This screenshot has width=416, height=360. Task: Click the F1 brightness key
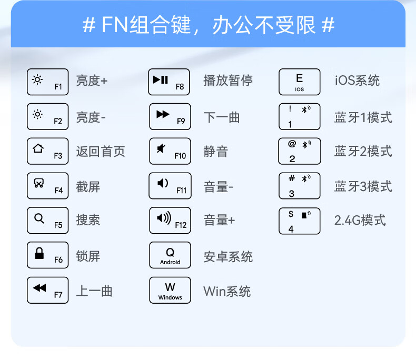point(47,82)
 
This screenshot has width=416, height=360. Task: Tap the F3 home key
point(47,151)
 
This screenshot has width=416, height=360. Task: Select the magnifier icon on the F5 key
point(38,217)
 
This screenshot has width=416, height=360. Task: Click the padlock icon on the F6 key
point(39,254)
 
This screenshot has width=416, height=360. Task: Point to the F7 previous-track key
point(47,290)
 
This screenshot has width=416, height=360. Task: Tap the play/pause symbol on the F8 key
point(161,79)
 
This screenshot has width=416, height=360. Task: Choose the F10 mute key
point(170,151)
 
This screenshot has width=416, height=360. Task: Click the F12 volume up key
point(170,221)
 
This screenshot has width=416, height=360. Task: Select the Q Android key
point(170,255)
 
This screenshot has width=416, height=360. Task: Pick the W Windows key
point(170,290)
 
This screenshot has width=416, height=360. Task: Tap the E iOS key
point(299,82)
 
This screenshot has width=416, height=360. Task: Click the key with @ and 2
point(299,151)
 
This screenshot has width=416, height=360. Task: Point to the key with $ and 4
point(299,221)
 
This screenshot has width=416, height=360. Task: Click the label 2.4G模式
point(360,220)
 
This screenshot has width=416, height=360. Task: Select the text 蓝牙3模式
point(363,186)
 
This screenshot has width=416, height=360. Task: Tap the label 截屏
point(88,186)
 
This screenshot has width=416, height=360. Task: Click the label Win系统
point(227,291)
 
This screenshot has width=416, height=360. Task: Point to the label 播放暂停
point(228,81)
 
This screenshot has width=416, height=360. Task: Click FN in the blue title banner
point(113,25)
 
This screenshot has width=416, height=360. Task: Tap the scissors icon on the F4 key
point(38,183)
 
